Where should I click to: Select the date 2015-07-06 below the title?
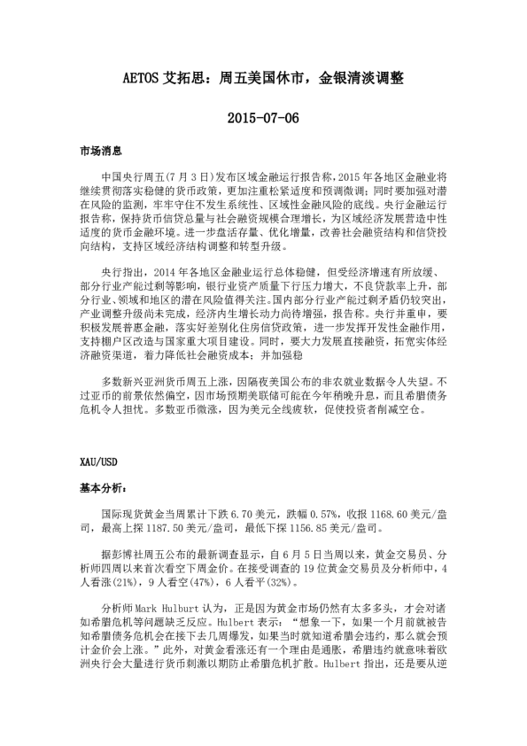263,117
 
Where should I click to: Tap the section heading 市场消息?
99,152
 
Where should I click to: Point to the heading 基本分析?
103,487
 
